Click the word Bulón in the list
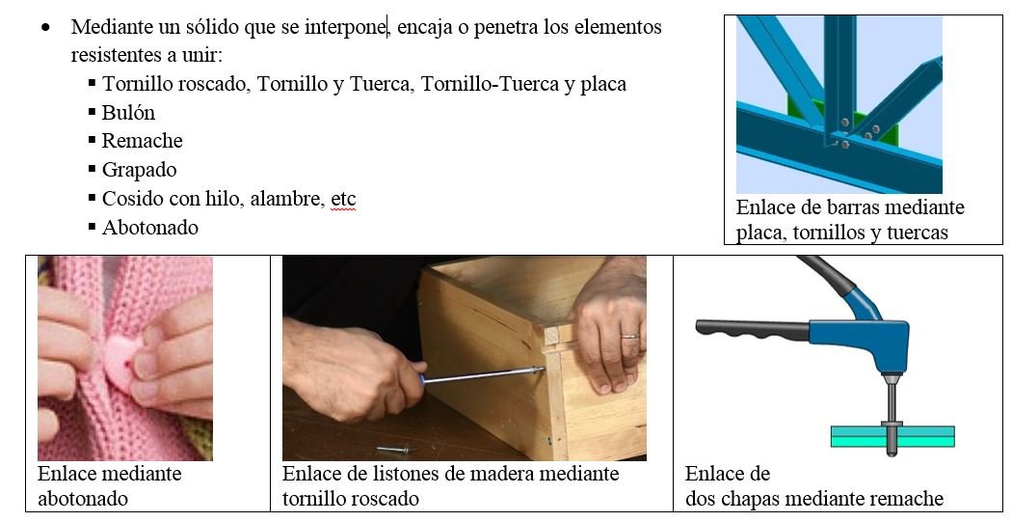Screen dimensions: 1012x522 (128, 113)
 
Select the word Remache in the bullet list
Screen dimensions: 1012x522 (142, 141)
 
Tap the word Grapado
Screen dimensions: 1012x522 (140, 170)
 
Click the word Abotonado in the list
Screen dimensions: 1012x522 (149, 228)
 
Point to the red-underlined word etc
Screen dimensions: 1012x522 (343, 199)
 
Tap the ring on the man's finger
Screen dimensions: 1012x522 (630, 336)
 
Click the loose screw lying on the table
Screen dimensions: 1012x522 (393, 449)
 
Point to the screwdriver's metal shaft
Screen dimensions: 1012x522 (482, 374)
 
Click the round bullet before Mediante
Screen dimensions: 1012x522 (44, 28)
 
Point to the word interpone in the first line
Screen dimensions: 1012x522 (345, 28)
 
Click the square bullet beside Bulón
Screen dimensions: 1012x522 (93, 112)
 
